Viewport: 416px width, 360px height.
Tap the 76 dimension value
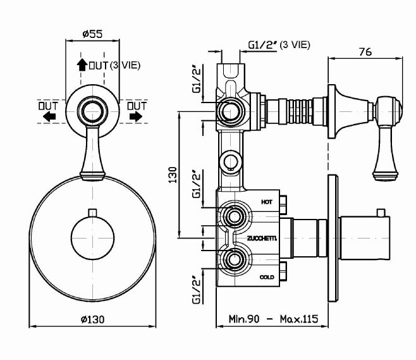[x=365, y=53]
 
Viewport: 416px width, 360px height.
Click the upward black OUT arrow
[x=81, y=65]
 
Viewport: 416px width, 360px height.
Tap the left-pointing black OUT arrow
[x=49, y=116]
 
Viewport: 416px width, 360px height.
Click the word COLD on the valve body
[x=267, y=277]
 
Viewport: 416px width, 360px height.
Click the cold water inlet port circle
[x=233, y=259]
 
